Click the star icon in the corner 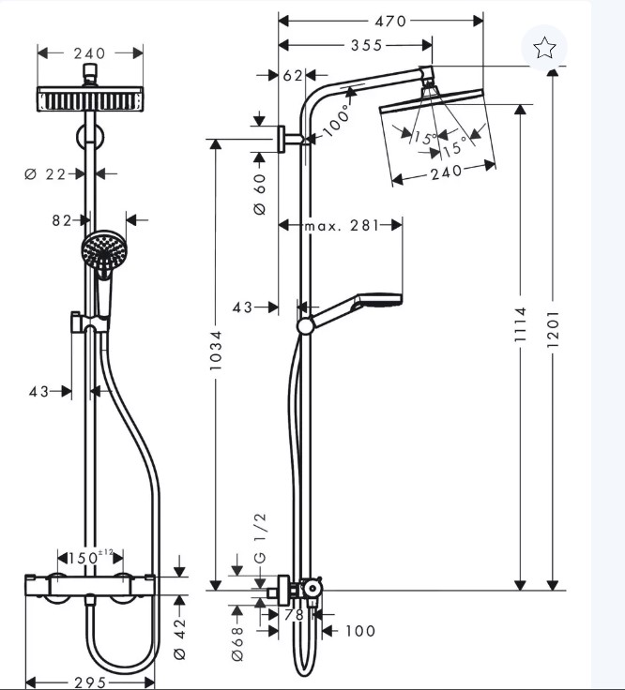[x=544, y=48]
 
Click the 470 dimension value [x=390, y=22]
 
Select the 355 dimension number [x=366, y=45]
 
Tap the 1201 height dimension [x=553, y=329]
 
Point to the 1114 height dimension [x=520, y=324]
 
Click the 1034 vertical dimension [x=216, y=351]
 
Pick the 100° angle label [x=338, y=121]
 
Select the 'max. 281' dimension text [x=342, y=226]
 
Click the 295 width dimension [x=90, y=682]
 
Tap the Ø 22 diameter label [x=46, y=174]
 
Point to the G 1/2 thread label [x=260, y=538]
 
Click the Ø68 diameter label [x=237, y=643]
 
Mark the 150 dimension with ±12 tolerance [x=91, y=558]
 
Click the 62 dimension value [x=293, y=76]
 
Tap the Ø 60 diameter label [x=260, y=194]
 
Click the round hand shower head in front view [x=104, y=251]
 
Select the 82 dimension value [x=62, y=220]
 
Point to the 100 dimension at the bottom [x=360, y=631]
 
